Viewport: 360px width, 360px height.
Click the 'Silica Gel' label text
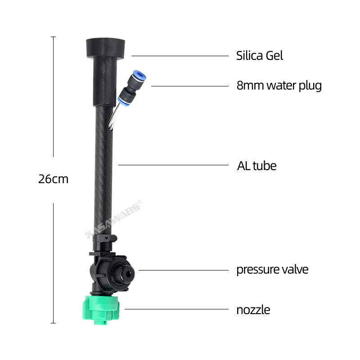click(x=260, y=55)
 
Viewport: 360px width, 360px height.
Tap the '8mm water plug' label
click(x=279, y=85)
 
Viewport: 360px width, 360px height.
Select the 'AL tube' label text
click(x=256, y=166)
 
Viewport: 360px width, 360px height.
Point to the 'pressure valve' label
click(x=272, y=270)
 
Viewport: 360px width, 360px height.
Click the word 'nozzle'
click(x=253, y=310)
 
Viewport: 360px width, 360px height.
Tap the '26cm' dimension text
click(x=53, y=179)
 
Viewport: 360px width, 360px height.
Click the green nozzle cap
click(x=101, y=310)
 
